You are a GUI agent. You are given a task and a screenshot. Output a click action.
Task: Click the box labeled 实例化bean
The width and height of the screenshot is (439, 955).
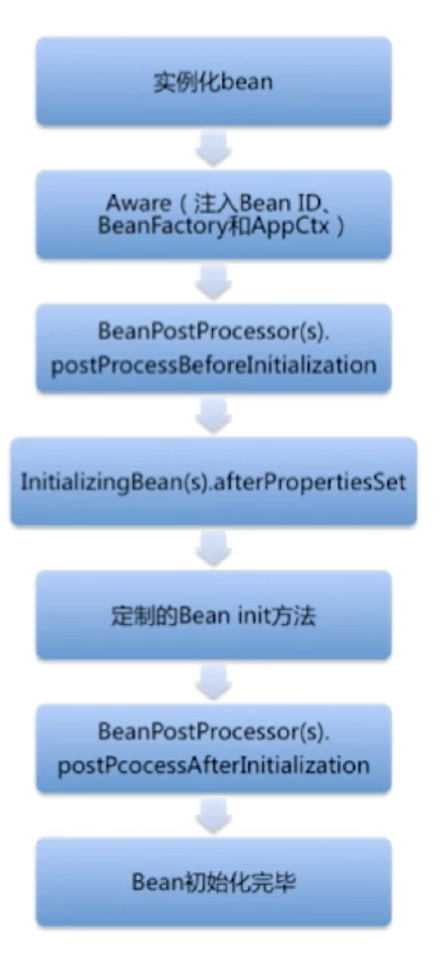tap(214, 81)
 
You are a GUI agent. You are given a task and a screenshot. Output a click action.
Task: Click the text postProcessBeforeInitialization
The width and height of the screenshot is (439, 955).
tap(213, 365)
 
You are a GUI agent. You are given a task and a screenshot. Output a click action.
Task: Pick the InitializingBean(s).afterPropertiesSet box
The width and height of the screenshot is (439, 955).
tap(214, 481)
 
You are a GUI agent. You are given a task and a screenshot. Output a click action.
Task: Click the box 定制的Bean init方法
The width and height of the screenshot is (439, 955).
tap(214, 615)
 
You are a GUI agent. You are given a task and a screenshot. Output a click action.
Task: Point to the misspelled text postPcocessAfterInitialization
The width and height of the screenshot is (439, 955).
tap(213, 764)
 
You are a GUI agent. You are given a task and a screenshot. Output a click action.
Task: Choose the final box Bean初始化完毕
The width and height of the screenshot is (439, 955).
tap(214, 882)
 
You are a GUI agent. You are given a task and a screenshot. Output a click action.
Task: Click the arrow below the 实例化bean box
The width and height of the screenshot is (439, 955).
tap(214, 148)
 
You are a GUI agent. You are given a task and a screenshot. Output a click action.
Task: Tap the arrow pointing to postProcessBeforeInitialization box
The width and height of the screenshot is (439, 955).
tap(214, 281)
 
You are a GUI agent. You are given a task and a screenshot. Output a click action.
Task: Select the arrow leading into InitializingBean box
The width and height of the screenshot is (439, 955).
tap(214, 415)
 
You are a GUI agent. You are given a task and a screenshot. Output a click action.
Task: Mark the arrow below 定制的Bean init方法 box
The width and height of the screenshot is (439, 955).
tap(214, 681)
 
